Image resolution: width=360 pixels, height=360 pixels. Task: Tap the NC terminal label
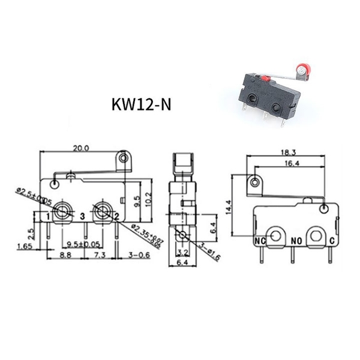point(260,242)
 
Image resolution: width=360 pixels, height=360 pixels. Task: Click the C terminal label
point(332,242)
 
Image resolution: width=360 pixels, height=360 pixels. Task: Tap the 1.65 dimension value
point(25,246)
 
